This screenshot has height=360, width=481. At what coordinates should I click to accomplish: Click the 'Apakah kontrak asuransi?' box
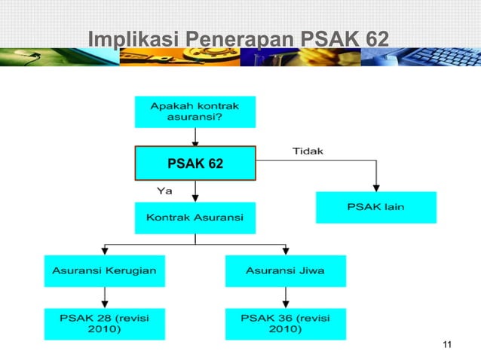click(195, 111)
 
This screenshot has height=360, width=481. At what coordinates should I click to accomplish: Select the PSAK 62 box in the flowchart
click(195, 163)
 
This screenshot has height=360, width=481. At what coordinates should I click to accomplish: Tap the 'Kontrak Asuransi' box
click(195, 218)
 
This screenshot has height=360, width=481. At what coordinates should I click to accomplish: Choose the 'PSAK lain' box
click(375, 207)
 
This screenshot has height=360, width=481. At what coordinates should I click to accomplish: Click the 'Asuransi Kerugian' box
click(104, 270)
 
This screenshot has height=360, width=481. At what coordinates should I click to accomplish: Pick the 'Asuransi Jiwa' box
click(285, 270)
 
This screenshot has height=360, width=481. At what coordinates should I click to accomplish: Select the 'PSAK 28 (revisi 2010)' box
click(104, 323)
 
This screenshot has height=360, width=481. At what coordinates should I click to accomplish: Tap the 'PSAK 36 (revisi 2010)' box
click(285, 323)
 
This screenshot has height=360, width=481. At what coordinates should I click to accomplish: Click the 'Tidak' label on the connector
click(308, 151)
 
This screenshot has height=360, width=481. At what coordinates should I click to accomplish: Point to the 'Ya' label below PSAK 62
click(164, 191)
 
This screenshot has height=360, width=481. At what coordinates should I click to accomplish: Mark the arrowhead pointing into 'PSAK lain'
click(375, 187)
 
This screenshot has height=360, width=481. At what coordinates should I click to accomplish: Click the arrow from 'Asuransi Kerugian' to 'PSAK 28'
click(104, 298)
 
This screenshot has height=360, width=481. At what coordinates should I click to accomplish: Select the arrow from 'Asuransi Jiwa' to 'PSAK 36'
click(285, 298)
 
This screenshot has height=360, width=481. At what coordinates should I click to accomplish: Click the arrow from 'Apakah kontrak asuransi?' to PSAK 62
click(195, 138)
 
